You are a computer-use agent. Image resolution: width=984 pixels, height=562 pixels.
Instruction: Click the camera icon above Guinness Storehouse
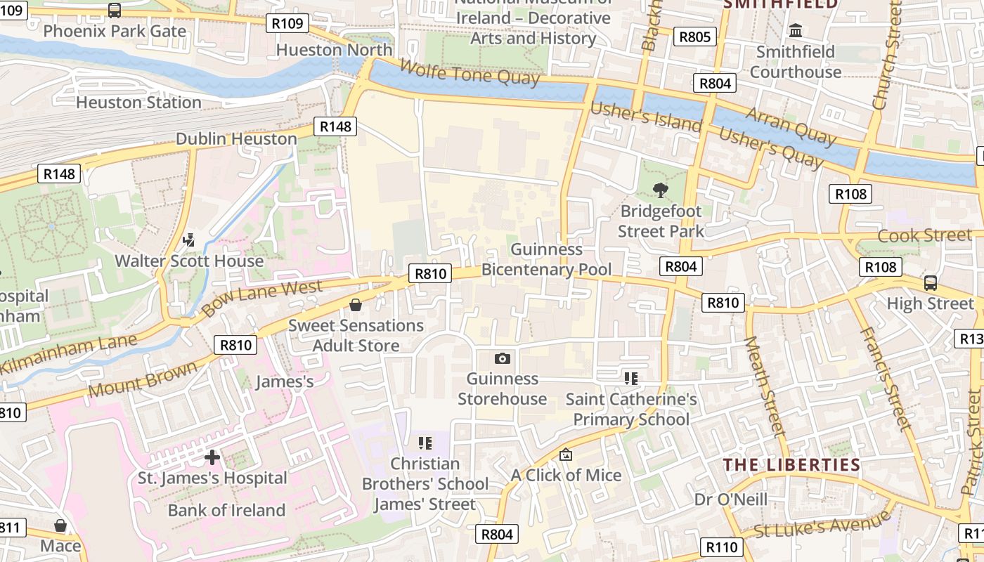(502, 359)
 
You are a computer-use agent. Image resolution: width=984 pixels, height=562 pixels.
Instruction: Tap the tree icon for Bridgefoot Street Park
(660, 190)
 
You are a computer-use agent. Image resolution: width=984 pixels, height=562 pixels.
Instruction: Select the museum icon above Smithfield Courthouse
(796, 31)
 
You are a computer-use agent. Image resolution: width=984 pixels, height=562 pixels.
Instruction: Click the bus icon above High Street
(930, 283)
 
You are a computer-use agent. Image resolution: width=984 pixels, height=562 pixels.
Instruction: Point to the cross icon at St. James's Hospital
(212, 458)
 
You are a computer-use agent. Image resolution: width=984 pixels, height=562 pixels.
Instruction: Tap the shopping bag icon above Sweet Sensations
(356, 305)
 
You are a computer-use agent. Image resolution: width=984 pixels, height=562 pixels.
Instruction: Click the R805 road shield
(694, 37)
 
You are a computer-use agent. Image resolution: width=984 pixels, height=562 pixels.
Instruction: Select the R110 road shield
(721, 547)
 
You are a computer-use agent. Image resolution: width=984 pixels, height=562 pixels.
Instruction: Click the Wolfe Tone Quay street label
(470, 72)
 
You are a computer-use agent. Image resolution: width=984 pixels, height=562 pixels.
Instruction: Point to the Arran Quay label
(791, 126)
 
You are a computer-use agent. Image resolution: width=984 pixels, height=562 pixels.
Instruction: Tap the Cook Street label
(924, 235)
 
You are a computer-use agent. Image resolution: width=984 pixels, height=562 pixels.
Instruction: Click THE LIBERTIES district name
(791, 465)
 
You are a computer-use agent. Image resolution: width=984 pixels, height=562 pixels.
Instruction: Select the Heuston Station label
(138, 103)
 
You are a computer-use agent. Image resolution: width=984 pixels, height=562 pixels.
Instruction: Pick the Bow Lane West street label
(261, 297)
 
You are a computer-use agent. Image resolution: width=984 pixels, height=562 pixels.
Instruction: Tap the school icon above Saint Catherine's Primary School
(630, 379)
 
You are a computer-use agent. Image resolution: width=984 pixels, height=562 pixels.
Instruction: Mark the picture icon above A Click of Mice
(566, 455)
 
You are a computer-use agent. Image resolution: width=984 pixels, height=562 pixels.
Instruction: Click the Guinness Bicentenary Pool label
(546, 259)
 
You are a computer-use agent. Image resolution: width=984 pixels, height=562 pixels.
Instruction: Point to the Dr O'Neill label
(730, 499)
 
